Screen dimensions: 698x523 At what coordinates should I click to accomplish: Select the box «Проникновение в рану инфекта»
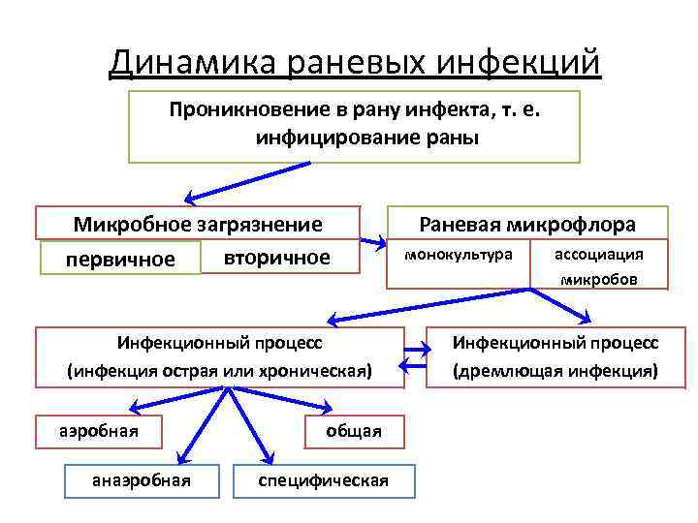(354, 126)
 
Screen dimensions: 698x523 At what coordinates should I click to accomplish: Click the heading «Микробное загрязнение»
(198, 225)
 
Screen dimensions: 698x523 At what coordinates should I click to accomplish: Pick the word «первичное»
(120, 260)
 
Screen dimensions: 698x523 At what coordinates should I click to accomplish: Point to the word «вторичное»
(276, 259)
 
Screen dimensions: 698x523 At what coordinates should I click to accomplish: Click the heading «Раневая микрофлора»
(527, 225)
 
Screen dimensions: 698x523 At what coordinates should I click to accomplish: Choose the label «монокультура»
(459, 255)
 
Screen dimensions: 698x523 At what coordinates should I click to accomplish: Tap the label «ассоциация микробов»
(598, 266)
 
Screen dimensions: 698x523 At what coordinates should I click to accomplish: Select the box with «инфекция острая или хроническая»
(219, 356)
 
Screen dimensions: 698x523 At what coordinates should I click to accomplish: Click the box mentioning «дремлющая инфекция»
(555, 356)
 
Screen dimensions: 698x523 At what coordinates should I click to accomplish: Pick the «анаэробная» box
(141, 479)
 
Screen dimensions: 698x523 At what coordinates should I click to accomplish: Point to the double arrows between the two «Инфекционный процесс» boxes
(415, 356)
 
